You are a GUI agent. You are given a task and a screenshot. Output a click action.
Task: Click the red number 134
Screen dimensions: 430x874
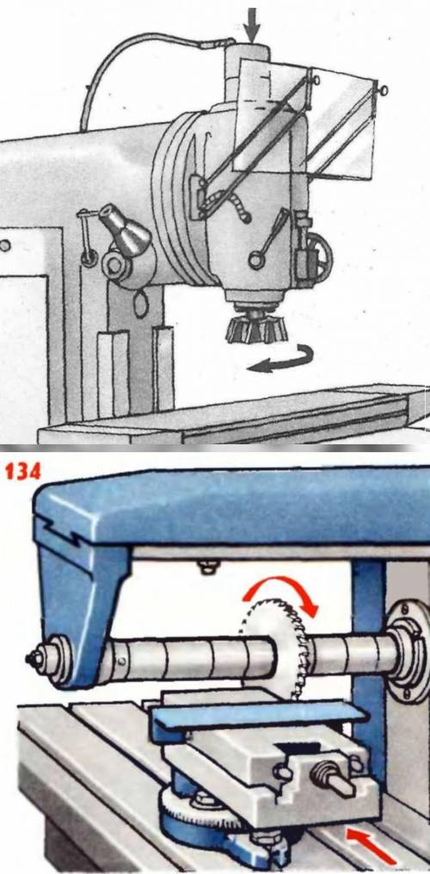[23, 471]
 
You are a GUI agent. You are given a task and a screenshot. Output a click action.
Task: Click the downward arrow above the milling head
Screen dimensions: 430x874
[252, 25]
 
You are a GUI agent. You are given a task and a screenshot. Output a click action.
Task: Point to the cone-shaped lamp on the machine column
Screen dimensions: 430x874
[124, 227]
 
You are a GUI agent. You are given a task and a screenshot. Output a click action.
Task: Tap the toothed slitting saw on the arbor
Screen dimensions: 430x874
[274, 651]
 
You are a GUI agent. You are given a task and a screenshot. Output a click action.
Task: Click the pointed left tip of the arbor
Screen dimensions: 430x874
[28, 660]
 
